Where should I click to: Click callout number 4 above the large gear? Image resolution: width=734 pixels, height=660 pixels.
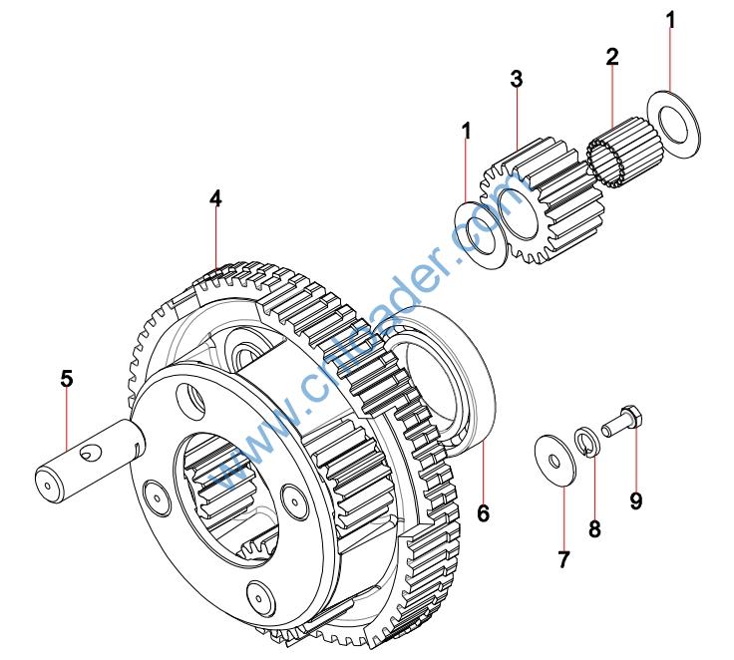(215, 197)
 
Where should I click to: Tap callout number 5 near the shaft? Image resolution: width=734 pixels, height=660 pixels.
(66, 379)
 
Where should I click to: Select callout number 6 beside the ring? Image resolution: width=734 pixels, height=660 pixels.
(483, 513)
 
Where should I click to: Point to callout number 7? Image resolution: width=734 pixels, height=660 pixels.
(563, 559)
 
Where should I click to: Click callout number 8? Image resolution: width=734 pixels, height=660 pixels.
(594, 528)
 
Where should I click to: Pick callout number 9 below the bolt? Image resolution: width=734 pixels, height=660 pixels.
(635, 499)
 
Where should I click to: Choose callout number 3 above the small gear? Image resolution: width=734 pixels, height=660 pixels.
(517, 79)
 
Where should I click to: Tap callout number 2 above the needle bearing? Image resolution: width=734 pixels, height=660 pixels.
(611, 56)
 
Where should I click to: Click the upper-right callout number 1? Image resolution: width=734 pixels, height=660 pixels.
(671, 19)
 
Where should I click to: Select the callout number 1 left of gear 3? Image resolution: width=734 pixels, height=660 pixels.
(466, 130)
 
